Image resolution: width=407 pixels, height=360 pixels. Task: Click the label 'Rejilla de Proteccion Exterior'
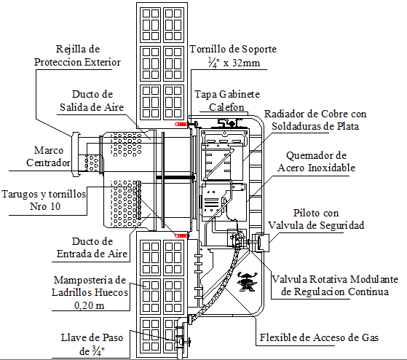(x=77, y=56)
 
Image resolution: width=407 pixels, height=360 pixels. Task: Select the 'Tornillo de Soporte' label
(x=233, y=50)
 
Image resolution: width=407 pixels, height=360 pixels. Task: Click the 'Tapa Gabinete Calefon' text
(x=227, y=101)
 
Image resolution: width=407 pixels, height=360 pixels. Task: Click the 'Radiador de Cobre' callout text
(x=315, y=120)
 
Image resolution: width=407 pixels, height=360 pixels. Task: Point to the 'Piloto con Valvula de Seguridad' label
(x=316, y=219)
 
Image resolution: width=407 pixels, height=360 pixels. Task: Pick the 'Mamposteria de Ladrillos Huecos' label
(x=91, y=286)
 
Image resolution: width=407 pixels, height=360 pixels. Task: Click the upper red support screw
(x=180, y=125)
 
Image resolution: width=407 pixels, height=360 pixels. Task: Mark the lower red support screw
(x=182, y=235)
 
